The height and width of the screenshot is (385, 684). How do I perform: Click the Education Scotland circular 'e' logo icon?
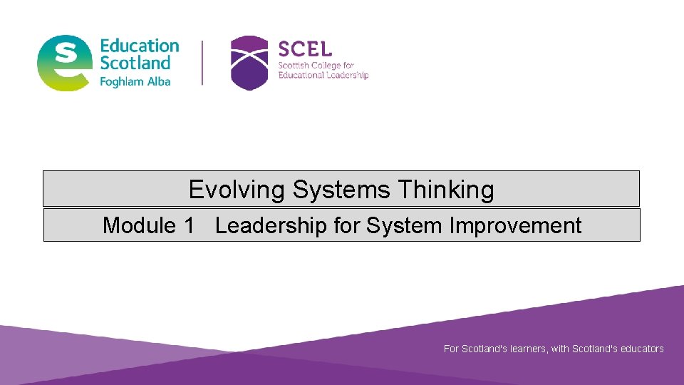point(65,63)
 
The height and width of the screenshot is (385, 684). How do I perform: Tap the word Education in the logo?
point(140,46)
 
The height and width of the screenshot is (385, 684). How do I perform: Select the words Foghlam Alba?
point(135,82)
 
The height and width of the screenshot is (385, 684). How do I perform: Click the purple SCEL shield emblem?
point(249,63)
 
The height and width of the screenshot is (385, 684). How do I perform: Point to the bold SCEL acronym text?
point(305,49)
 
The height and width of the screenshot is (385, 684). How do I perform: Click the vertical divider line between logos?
point(203,63)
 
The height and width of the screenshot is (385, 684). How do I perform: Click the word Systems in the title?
point(341,190)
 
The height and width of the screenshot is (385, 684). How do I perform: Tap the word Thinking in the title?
point(445,190)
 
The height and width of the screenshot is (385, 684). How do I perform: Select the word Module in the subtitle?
point(138,225)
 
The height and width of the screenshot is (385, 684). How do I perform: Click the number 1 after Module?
point(189,225)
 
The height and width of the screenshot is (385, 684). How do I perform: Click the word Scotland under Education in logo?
point(135,63)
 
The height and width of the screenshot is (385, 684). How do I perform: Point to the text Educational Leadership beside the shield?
point(323,76)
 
